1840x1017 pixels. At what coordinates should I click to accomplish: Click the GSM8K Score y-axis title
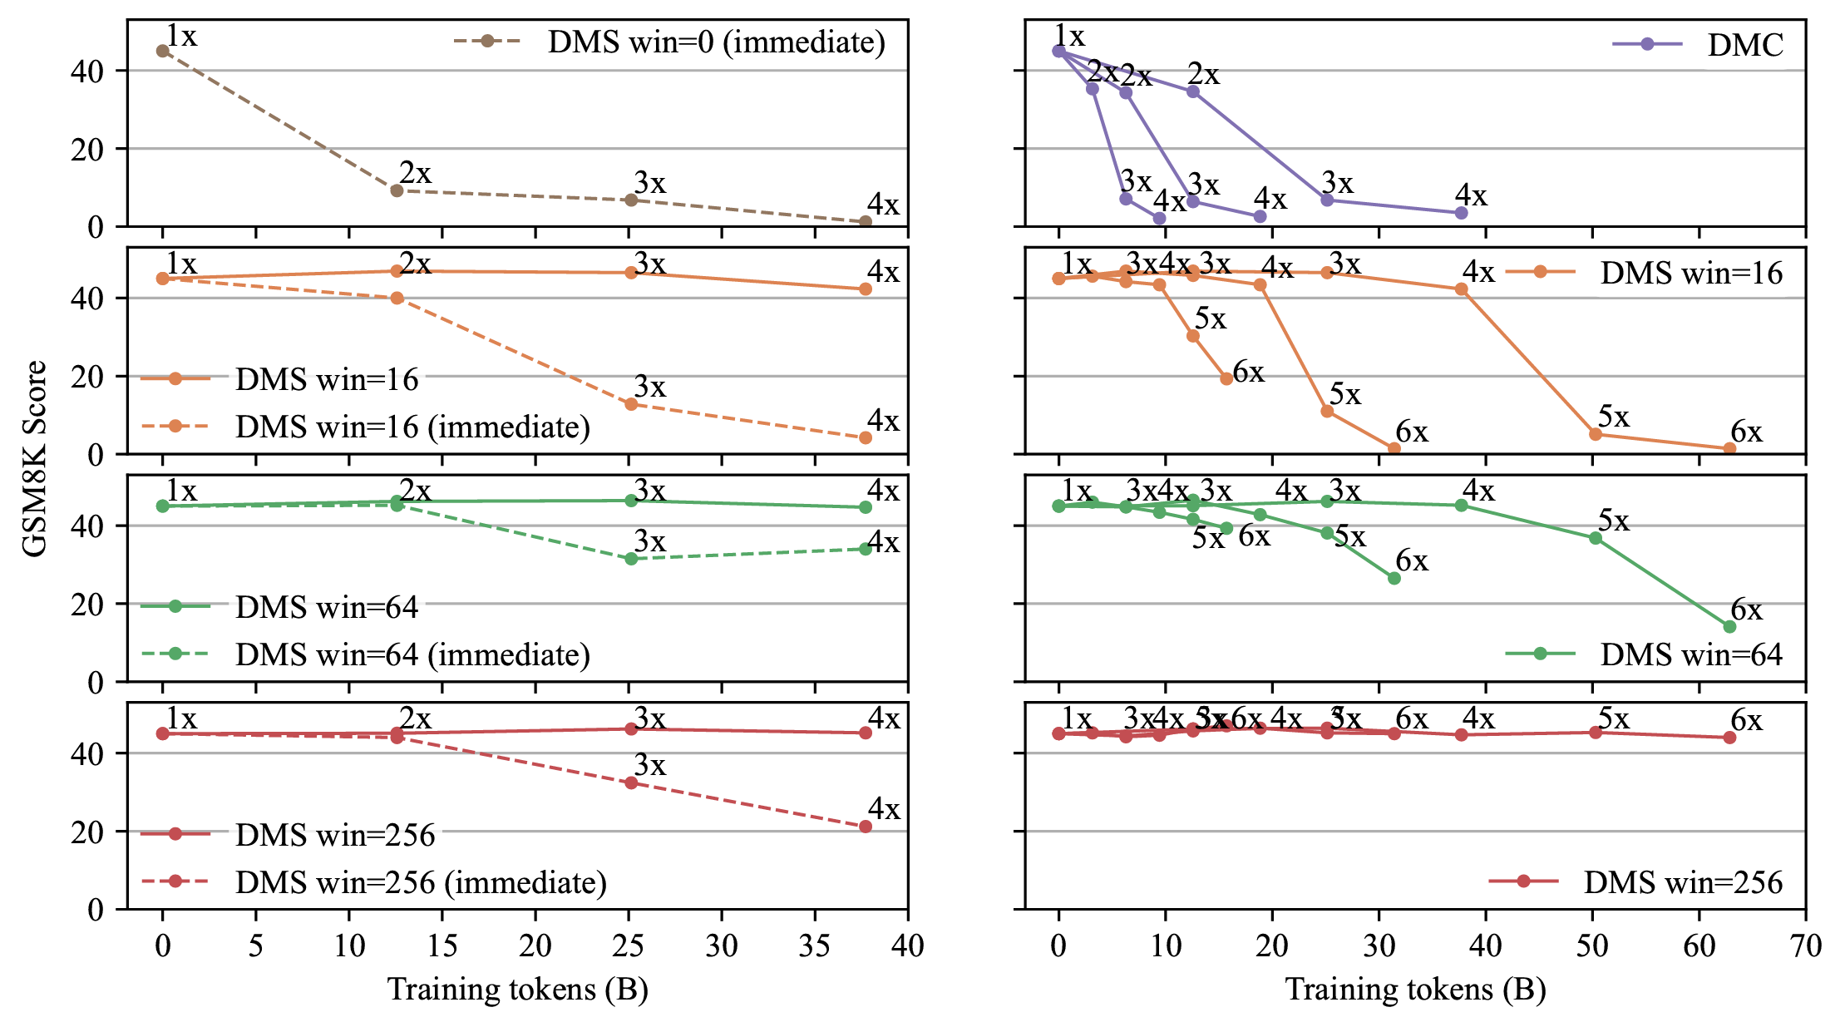(35, 458)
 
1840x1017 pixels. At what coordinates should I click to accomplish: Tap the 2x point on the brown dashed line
(397, 190)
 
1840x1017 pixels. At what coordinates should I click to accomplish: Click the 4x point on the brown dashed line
(866, 222)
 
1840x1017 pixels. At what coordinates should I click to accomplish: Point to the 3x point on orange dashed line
(631, 404)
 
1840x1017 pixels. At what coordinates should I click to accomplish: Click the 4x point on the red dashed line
(866, 827)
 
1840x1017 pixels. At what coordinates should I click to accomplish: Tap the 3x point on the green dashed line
(631, 559)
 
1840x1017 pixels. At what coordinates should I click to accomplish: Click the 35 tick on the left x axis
(814, 945)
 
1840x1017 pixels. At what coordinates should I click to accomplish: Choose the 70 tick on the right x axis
(1805, 945)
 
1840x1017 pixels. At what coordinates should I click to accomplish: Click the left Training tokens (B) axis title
(517, 990)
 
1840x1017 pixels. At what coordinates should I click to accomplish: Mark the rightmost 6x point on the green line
(1729, 627)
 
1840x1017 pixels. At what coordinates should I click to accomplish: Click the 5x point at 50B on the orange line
(1596, 434)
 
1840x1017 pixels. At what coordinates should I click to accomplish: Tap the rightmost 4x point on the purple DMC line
(1462, 213)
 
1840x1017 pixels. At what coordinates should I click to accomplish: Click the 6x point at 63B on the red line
(1729, 738)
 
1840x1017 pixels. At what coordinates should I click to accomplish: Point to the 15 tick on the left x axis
(442, 945)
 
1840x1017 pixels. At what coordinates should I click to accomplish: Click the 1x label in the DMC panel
(1069, 37)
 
